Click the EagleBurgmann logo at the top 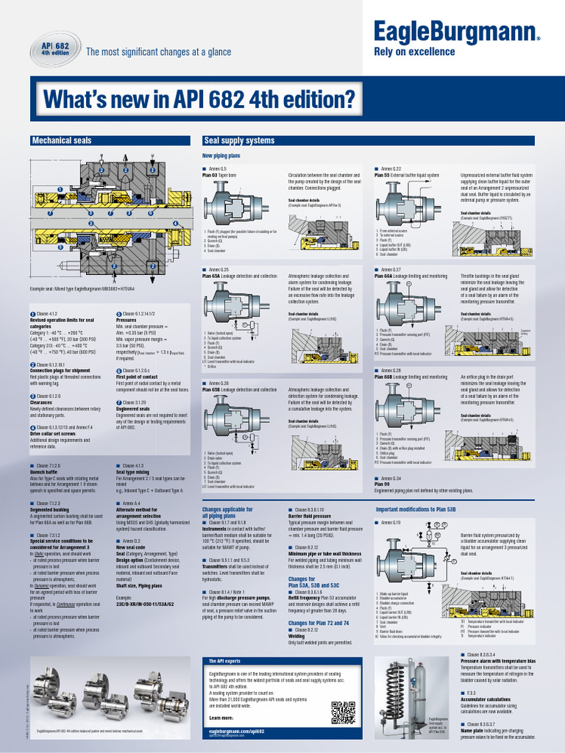[x=456, y=32]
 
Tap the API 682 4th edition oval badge [x=54, y=50]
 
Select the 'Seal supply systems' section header [x=238, y=140]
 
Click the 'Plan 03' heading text [x=210, y=176]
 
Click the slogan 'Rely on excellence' [x=415, y=51]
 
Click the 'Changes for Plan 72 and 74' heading [x=319, y=623]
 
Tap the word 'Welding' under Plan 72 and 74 [x=297, y=636]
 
